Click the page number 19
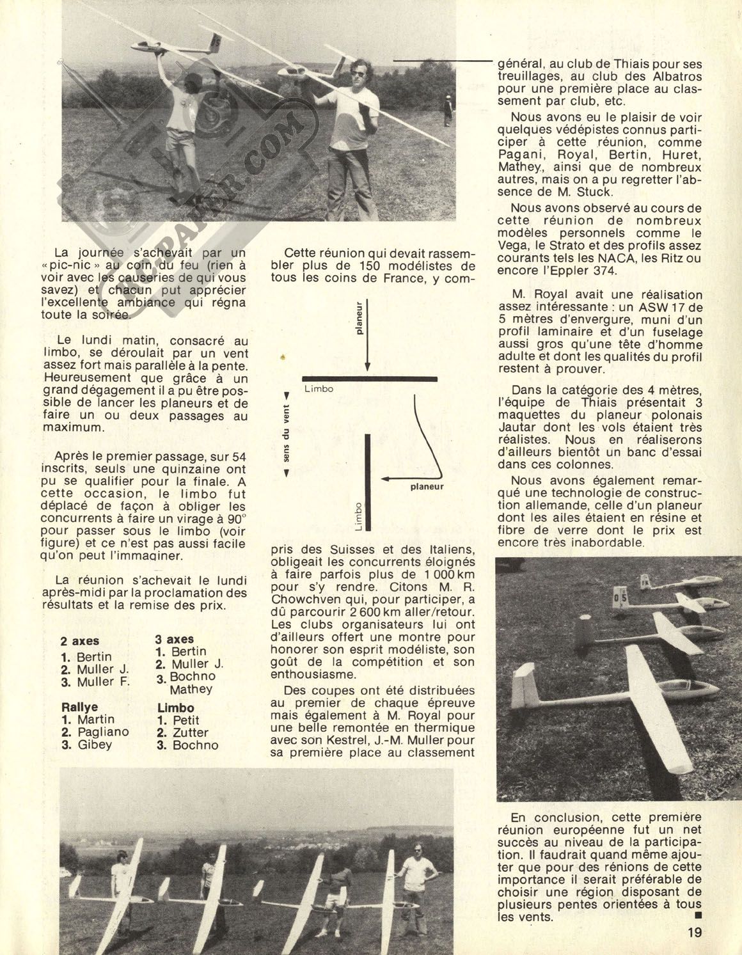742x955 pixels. [695, 931]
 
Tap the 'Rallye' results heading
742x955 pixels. [80, 707]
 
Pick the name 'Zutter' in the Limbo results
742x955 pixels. [191, 732]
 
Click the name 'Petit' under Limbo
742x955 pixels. [186, 720]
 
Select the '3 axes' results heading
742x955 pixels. [175, 639]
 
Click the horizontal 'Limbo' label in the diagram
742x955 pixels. [319, 388]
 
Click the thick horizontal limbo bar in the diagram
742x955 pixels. [370, 379]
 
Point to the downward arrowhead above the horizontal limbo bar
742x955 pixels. [367, 367]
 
